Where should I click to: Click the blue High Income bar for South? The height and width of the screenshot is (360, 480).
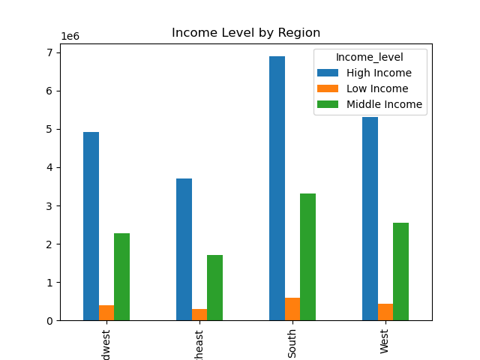[x=277, y=188]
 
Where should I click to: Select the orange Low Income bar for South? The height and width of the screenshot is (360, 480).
[x=292, y=309]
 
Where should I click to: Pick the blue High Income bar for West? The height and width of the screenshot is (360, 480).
[x=370, y=218]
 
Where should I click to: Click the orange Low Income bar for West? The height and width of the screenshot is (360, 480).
[x=385, y=312]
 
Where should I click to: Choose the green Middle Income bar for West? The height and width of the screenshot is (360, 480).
[x=400, y=271]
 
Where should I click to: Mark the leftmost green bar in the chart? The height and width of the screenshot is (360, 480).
[x=121, y=277]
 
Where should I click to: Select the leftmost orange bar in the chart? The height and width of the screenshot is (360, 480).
[x=106, y=313]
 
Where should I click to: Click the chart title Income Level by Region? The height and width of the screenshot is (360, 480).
[x=246, y=33]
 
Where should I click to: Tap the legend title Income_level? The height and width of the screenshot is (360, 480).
[x=370, y=57]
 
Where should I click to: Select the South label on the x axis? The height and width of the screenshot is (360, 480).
[x=292, y=343]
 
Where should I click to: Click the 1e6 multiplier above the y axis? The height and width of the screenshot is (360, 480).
[x=70, y=36]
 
